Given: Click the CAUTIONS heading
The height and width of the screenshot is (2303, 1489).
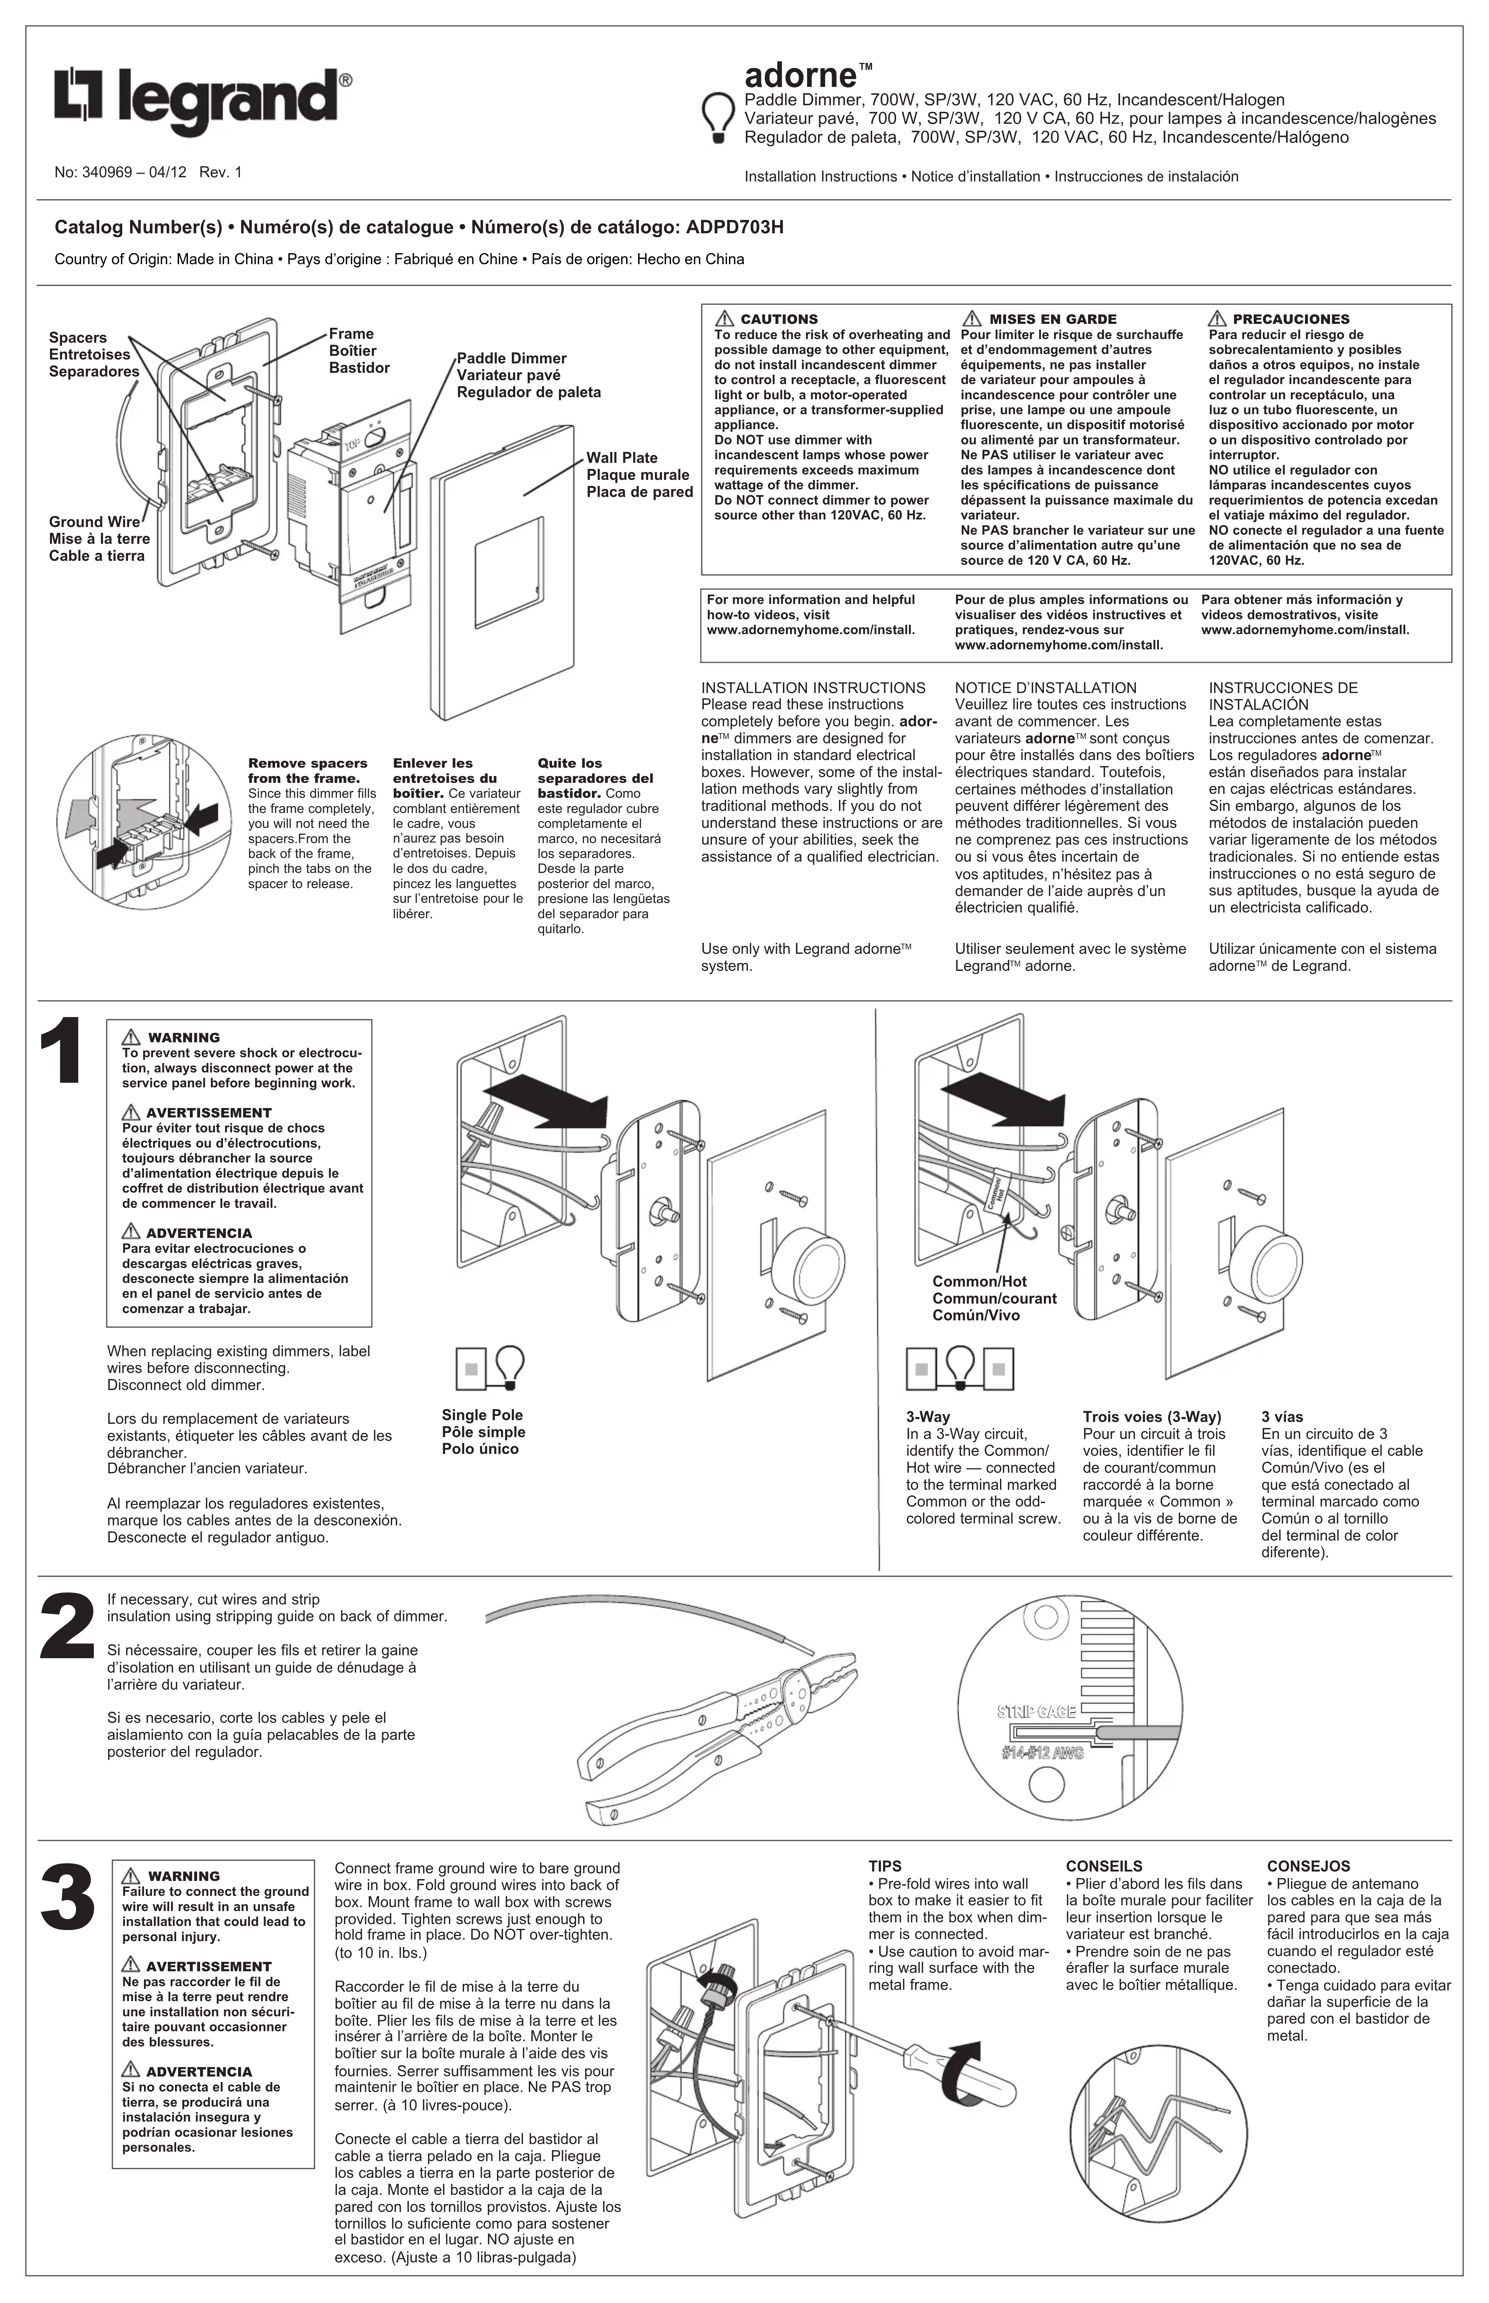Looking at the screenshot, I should click(778, 319).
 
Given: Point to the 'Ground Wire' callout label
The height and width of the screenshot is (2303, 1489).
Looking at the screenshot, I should click(95, 522).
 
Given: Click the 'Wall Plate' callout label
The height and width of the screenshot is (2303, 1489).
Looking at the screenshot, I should click(622, 458).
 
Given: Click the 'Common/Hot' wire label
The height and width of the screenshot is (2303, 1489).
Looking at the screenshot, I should click(980, 1281).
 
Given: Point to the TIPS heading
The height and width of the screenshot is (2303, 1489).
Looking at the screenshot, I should click(885, 1866).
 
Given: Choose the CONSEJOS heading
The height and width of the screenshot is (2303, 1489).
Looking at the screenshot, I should click(1308, 1866).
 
